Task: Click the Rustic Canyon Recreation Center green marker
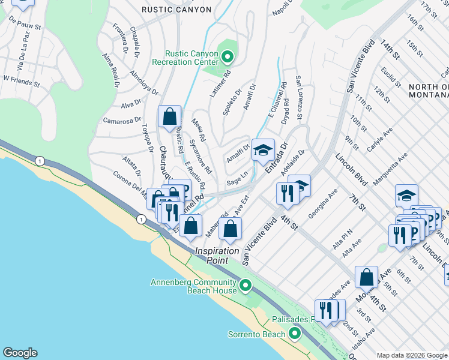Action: point(228,58)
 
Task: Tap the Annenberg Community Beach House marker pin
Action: point(244,286)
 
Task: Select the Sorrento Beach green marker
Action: point(294,334)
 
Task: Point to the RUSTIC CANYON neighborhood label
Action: point(176,10)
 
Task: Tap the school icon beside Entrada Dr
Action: point(262,151)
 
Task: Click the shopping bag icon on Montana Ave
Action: point(366,278)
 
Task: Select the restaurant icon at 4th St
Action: point(288,193)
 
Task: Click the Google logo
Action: point(19,353)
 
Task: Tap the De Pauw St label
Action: point(25,26)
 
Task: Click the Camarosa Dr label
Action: point(122,121)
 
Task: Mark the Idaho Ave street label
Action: point(367,340)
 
